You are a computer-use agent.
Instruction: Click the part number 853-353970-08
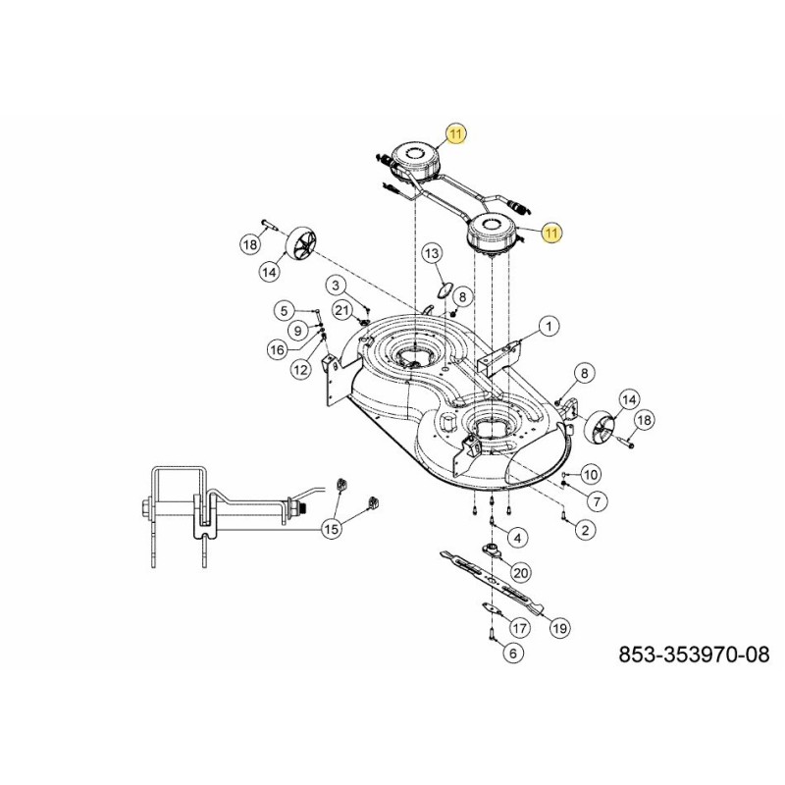tap(694, 654)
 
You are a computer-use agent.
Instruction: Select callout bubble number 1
tap(548, 325)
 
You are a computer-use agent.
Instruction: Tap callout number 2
tap(586, 530)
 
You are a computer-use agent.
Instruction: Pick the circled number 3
tap(336, 286)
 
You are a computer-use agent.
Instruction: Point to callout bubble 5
tap(284, 311)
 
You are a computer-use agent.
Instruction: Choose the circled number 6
tap(513, 652)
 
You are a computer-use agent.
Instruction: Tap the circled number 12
tap(300, 369)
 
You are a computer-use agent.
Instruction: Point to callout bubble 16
tap(278, 348)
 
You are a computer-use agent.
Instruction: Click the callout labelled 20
tap(521, 572)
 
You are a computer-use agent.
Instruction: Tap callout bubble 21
tap(342, 310)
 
